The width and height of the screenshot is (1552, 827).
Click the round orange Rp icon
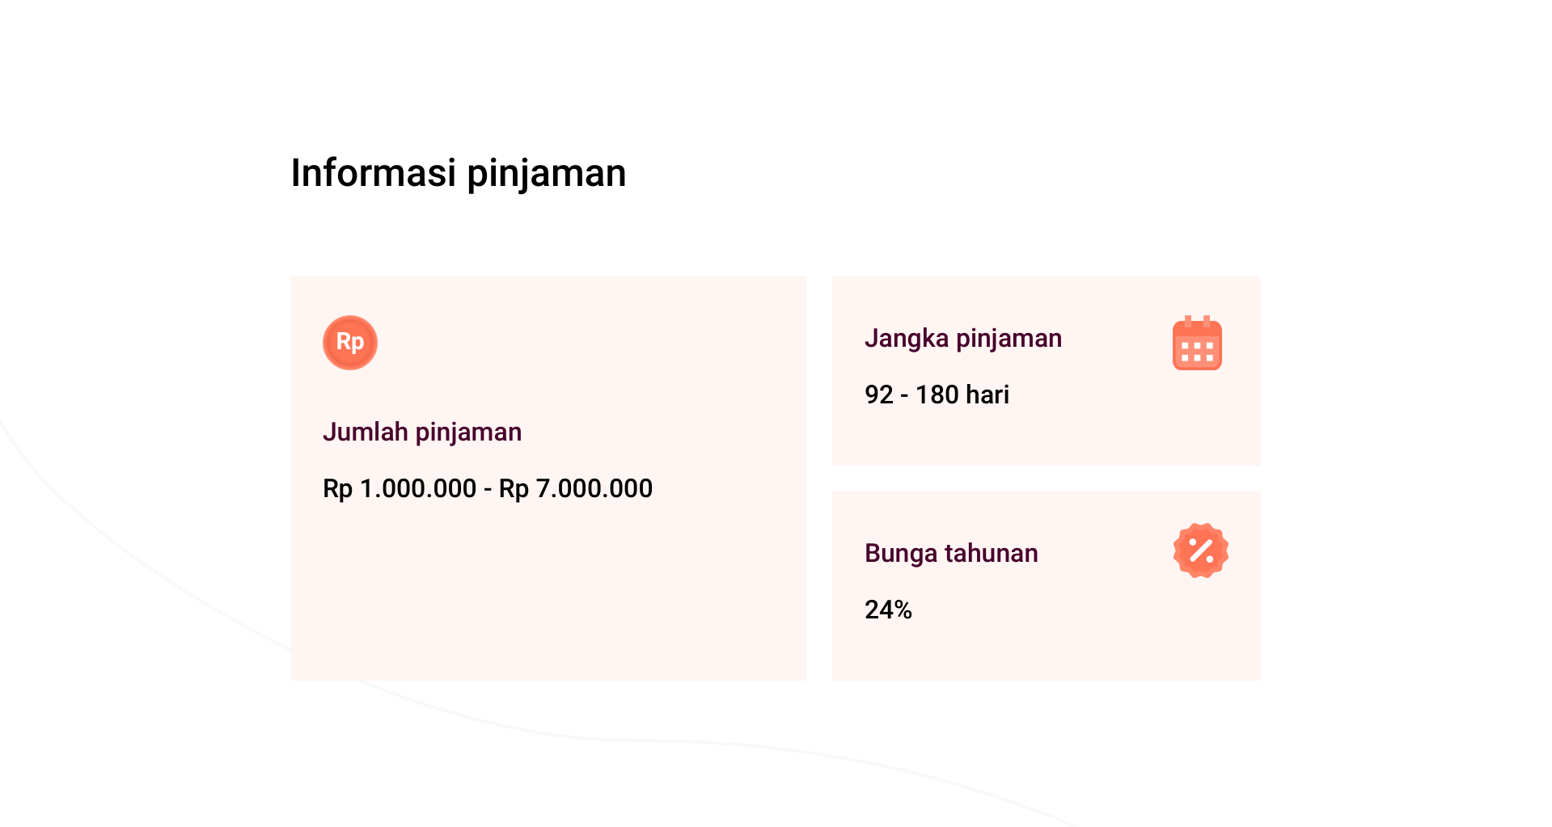click(x=350, y=343)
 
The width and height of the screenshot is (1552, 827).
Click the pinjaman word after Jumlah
click(x=468, y=434)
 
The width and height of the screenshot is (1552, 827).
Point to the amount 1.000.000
click(x=418, y=488)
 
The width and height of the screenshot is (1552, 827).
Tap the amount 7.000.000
click(x=594, y=488)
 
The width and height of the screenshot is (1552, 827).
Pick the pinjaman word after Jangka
click(x=1009, y=340)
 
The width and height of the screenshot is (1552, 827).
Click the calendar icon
click(x=1197, y=343)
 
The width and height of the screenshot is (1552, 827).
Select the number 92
click(x=879, y=395)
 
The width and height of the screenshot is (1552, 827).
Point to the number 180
click(x=937, y=395)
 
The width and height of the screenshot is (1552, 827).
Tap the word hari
click(x=987, y=395)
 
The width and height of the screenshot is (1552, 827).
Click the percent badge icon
click(x=1201, y=551)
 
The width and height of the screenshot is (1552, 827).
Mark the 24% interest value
click(x=888, y=610)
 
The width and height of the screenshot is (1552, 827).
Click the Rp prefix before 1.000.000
click(x=338, y=490)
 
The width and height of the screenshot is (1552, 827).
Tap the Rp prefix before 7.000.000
click(x=514, y=490)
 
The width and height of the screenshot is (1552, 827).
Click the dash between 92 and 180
click(x=905, y=396)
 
